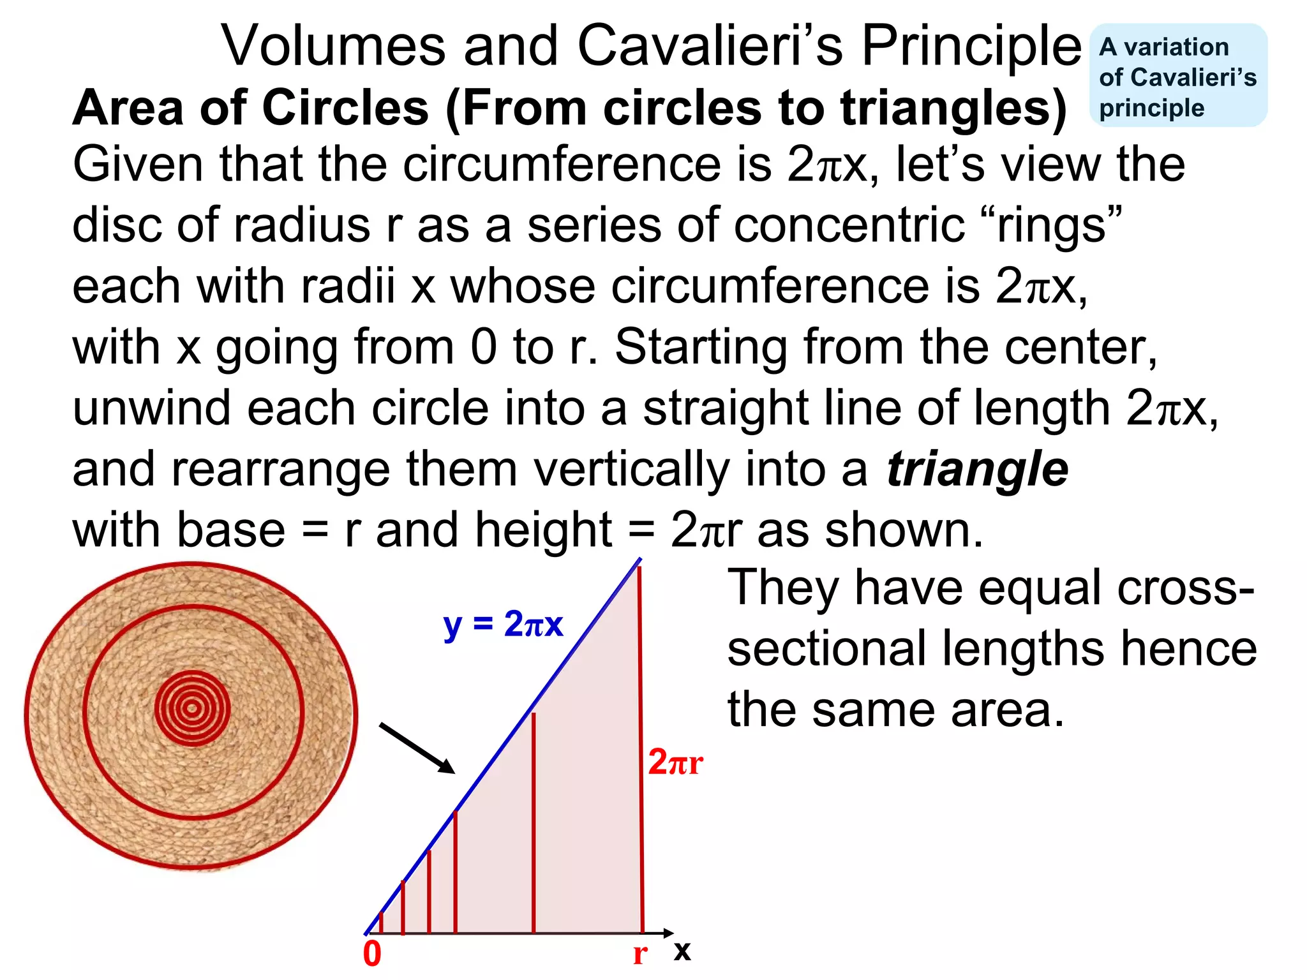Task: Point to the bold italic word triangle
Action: (x=977, y=470)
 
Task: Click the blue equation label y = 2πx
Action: (x=503, y=625)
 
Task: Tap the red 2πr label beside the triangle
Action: (x=675, y=762)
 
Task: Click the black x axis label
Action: (x=682, y=951)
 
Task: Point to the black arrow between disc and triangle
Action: (x=417, y=748)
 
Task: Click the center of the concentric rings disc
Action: (x=191, y=708)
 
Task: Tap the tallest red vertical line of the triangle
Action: (x=641, y=753)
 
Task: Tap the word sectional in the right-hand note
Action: (x=826, y=649)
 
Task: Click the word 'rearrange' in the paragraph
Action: (x=281, y=470)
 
